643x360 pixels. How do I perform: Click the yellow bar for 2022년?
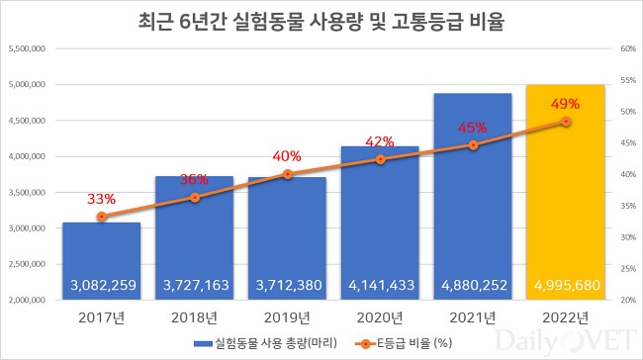(x=566, y=198)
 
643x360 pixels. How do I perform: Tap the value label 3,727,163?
(x=195, y=285)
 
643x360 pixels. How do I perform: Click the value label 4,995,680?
(x=566, y=285)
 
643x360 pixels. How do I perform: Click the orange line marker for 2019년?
(x=288, y=174)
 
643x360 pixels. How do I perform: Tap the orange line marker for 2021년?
(x=473, y=145)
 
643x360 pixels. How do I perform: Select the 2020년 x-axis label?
(x=380, y=317)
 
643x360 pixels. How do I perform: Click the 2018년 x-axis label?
(x=195, y=317)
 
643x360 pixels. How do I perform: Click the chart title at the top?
(x=322, y=21)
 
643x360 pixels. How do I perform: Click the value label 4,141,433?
(x=380, y=285)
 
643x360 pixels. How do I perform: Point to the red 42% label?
(x=380, y=141)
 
